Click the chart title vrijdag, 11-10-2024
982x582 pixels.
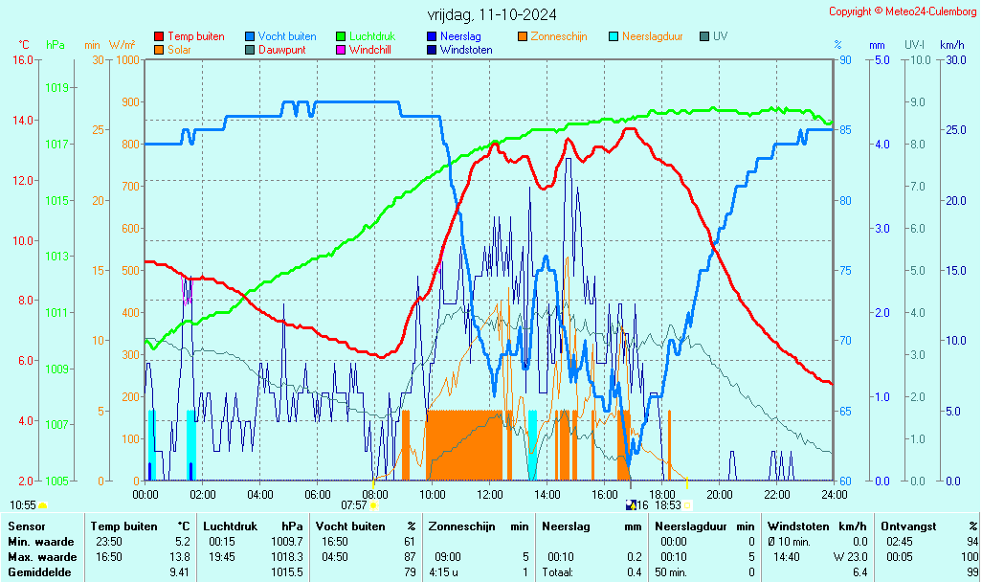coord(492,14)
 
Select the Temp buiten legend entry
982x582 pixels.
coord(195,36)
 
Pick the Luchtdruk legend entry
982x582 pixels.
coord(372,36)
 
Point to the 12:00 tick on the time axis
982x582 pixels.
coord(490,494)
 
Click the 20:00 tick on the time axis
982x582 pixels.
coord(720,494)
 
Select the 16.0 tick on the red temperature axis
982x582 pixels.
coord(21,59)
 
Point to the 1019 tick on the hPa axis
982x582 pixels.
coord(56,88)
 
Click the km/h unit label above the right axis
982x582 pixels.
coord(951,45)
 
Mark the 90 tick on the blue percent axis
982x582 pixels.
coord(846,59)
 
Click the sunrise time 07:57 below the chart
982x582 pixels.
coord(354,504)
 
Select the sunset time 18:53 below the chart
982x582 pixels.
coord(667,504)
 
